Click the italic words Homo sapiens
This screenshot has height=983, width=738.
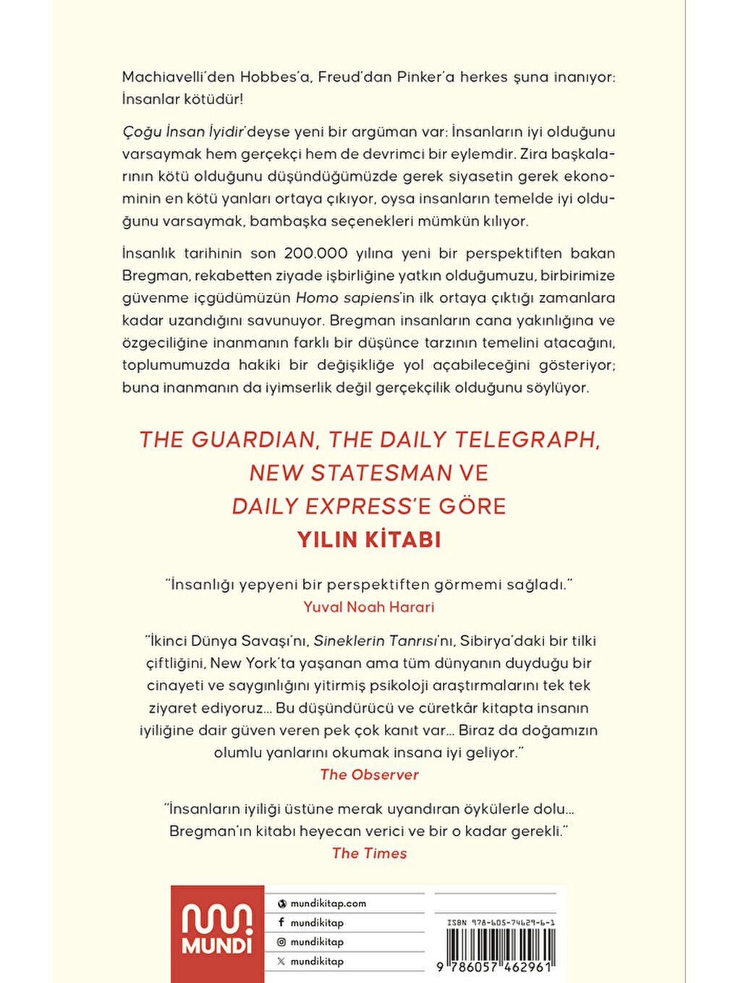coord(347,298)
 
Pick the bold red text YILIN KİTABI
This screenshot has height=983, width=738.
coord(369,540)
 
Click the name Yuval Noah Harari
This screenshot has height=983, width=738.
coord(369,607)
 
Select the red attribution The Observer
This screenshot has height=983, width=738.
coord(369,775)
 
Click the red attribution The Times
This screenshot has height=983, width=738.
coord(369,854)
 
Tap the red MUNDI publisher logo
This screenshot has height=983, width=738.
coord(217,932)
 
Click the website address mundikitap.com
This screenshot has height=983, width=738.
coord(328,903)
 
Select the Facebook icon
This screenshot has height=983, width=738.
coord(281,923)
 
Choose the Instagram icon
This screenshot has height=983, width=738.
coord(281,942)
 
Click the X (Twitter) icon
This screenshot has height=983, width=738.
coord(281,961)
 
